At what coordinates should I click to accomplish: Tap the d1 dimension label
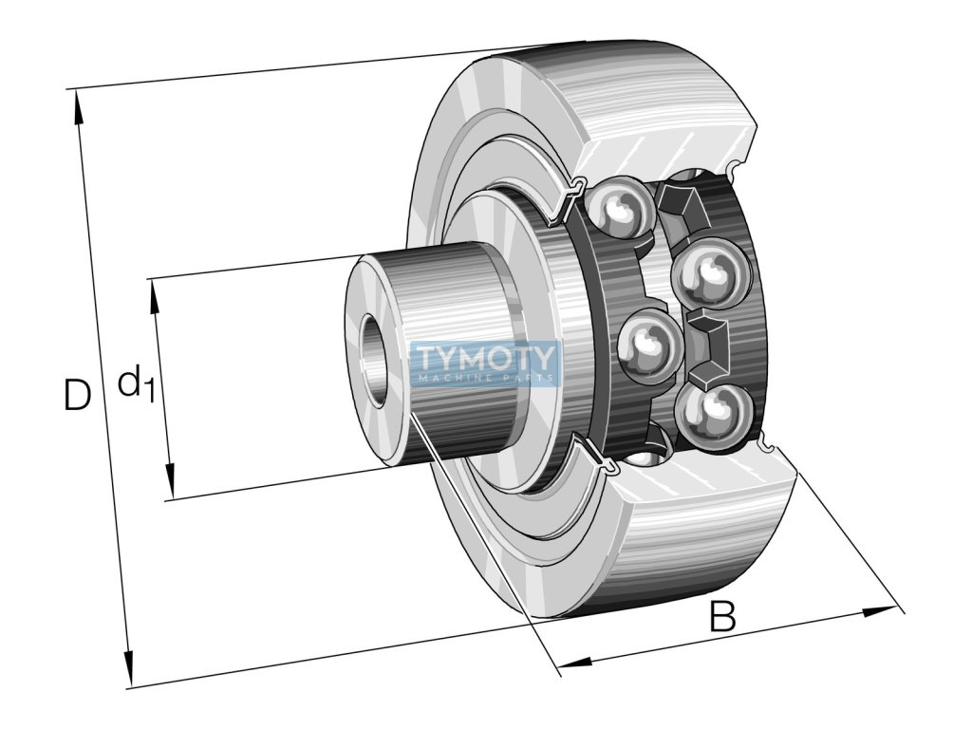click(x=136, y=383)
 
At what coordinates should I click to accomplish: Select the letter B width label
click(x=722, y=615)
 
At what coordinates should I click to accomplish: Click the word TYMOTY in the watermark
click(x=484, y=358)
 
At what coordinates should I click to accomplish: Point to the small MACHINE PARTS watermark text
click(x=485, y=378)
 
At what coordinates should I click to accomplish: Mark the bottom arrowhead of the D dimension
click(x=129, y=668)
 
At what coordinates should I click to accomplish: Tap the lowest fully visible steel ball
click(x=710, y=416)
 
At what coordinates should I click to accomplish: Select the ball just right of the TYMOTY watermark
click(x=649, y=342)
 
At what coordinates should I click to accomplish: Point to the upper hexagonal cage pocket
click(x=681, y=208)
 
